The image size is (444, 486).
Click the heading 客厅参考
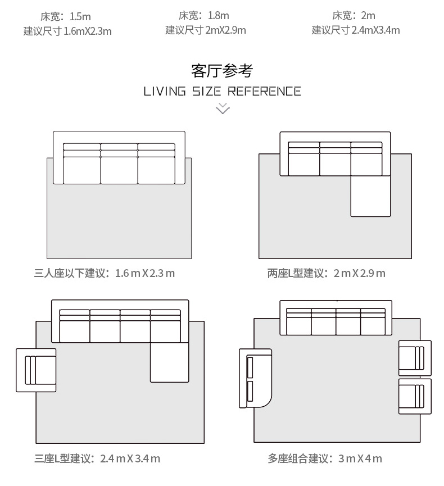tap(221, 71)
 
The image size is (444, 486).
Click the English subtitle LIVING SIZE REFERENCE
tap(222, 92)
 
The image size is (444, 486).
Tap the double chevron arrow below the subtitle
tap(223, 108)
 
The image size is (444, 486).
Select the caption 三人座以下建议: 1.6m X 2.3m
tap(105, 274)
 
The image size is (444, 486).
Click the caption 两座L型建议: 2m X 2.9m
tap(326, 274)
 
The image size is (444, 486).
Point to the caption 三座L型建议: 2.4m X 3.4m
tap(97, 458)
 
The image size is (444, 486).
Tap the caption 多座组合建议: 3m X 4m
tap(325, 458)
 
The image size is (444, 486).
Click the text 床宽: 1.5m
tap(65, 16)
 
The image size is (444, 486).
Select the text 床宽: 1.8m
tap(203, 16)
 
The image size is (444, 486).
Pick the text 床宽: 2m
tap(354, 16)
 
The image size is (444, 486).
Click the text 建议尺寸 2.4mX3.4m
tap(356, 30)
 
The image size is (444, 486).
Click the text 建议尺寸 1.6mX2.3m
tap(67, 31)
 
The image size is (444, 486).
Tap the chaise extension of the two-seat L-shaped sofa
tap(370, 196)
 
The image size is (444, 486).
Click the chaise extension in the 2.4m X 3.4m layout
tap(169, 362)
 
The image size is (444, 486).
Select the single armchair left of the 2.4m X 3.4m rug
tap(36, 370)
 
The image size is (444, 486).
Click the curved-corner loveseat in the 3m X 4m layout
tap(255, 378)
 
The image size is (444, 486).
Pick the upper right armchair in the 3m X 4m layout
tap(415, 358)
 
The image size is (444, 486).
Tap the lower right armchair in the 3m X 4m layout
tap(415, 396)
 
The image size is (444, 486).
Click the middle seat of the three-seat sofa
tap(119, 163)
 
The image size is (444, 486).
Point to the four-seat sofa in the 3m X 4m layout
tap(336, 317)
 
